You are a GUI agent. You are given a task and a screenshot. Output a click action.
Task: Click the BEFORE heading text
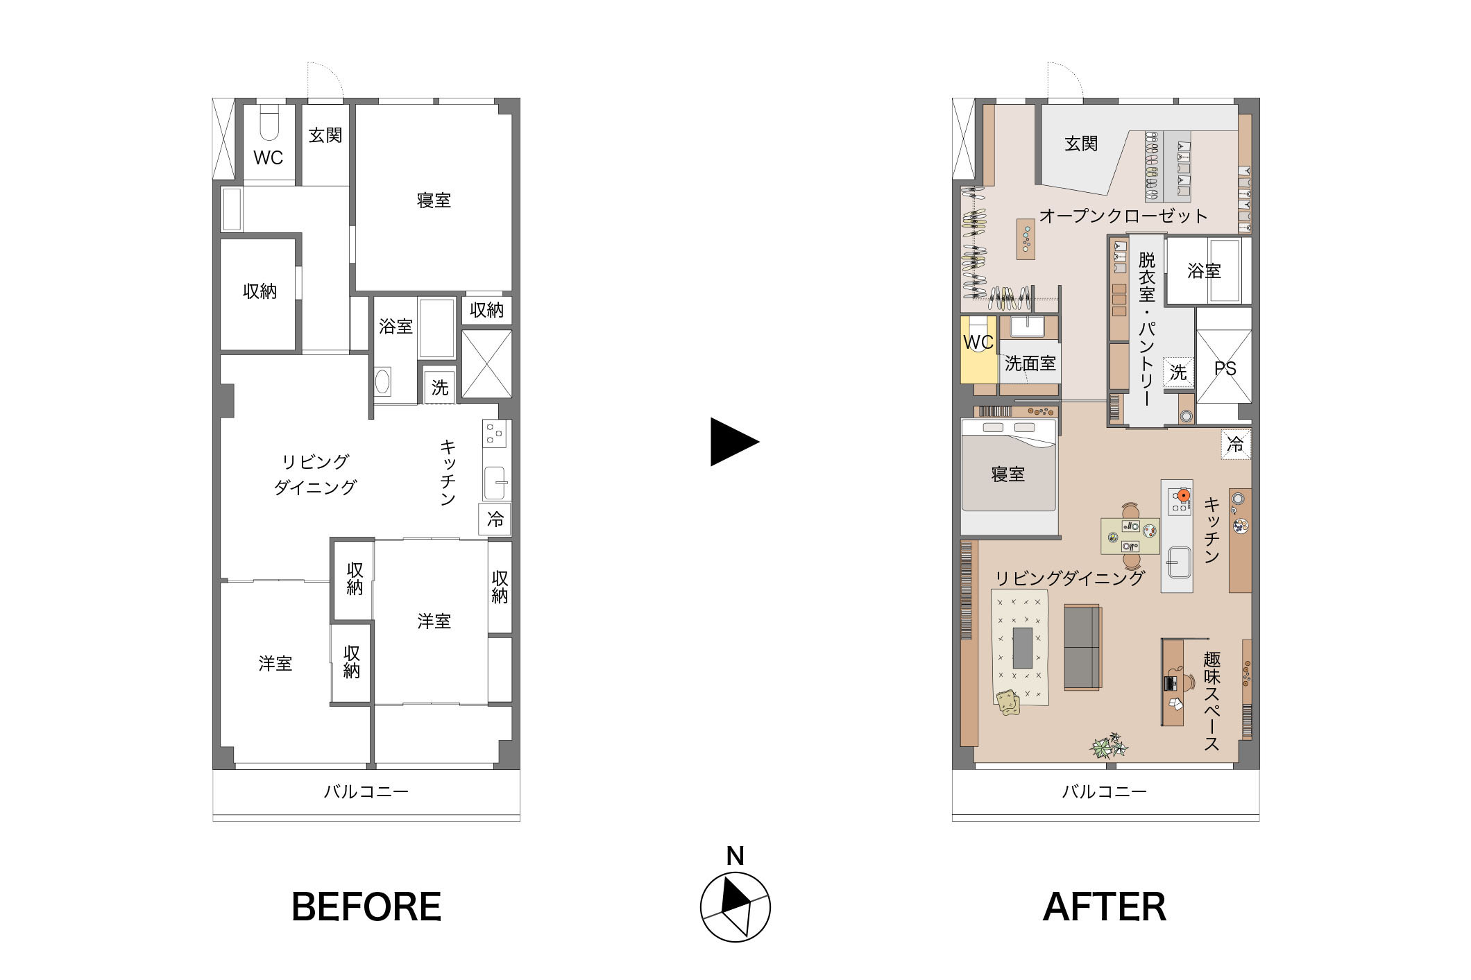click(366, 906)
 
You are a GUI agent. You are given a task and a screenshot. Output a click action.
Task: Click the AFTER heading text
click(1105, 906)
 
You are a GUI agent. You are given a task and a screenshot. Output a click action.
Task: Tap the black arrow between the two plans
click(734, 442)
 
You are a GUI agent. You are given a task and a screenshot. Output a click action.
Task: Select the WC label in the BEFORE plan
click(268, 158)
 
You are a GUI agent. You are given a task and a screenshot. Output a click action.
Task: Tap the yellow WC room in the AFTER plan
click(978, 350)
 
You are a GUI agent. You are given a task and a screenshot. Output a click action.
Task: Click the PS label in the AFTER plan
click(1225, 368)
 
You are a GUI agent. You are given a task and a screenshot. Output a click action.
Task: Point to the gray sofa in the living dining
click(1082, 648)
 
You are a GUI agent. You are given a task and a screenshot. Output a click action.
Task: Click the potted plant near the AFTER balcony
click(1108, 746)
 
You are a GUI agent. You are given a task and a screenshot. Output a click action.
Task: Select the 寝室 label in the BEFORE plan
click(434, 200)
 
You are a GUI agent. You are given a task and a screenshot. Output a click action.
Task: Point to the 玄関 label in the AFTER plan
click(1081, 144)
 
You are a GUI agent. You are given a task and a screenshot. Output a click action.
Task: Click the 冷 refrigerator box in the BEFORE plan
click(495, 519)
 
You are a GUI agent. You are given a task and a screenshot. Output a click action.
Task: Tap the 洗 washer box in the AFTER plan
click(1178, 372)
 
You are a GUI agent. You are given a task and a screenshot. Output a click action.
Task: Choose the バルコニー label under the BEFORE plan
click(366, 791)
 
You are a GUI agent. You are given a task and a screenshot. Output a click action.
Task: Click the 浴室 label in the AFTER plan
click(1204, 270)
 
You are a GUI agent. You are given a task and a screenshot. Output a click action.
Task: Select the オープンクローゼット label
click(1123, 216)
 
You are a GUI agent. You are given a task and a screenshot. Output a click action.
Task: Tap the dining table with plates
click(1130, 536)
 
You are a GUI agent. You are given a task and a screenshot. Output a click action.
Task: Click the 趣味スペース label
click(1211, 700)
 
